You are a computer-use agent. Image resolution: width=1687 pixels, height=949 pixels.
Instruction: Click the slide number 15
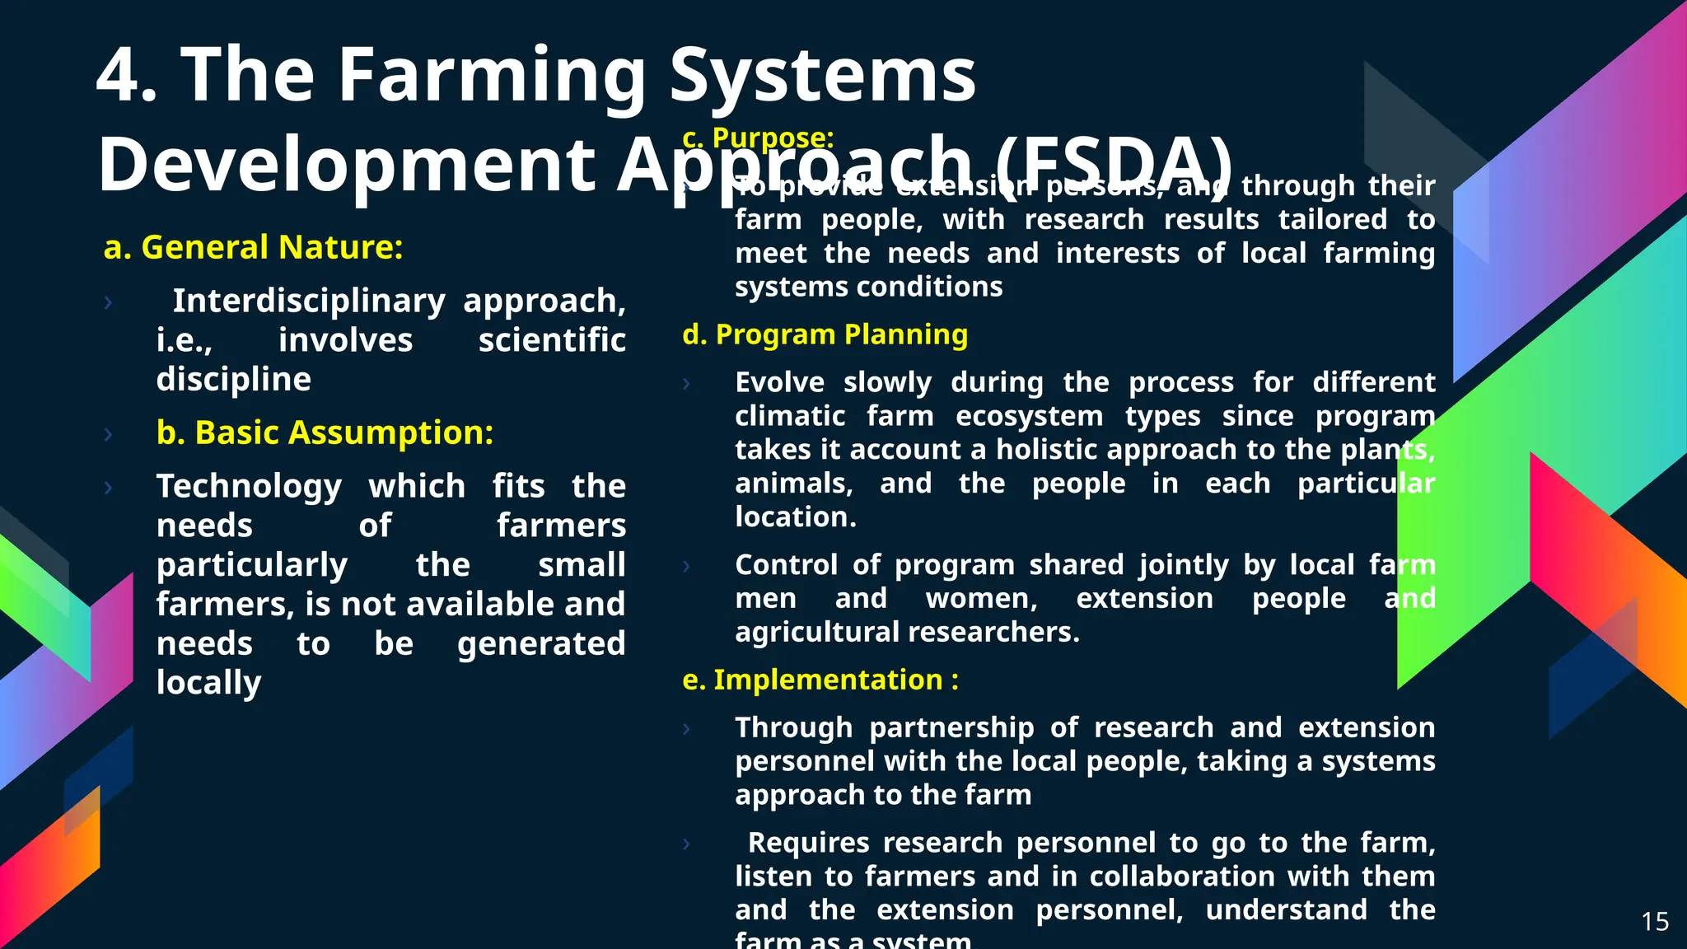[1654, 922]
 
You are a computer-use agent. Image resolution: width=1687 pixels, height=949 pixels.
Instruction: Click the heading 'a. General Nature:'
[253, 247]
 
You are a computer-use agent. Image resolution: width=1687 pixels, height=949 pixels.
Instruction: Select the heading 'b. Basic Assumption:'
[325, 432]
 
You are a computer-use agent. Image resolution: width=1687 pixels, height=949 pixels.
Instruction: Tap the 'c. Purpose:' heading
[758, 138]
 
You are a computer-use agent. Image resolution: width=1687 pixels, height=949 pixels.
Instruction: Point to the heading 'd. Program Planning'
[825, 334]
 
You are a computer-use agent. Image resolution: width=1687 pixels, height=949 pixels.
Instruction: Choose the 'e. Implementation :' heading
[820, 680]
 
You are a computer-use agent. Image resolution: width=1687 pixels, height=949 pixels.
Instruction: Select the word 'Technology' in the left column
[249, 487]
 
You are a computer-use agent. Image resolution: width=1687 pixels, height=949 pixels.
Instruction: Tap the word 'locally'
[208, 683]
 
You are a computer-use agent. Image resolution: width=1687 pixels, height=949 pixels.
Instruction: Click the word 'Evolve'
[779, 382]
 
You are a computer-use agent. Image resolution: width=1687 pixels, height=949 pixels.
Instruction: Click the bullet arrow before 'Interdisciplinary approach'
[108, 302]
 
